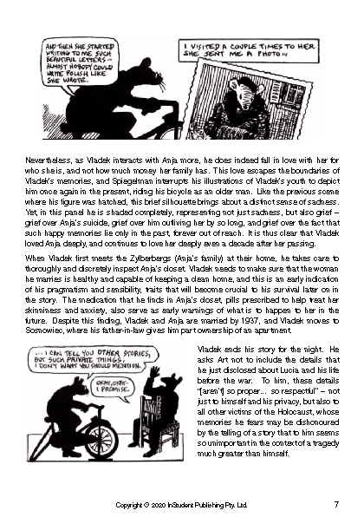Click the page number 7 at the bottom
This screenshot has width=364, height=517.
(335, 503)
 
